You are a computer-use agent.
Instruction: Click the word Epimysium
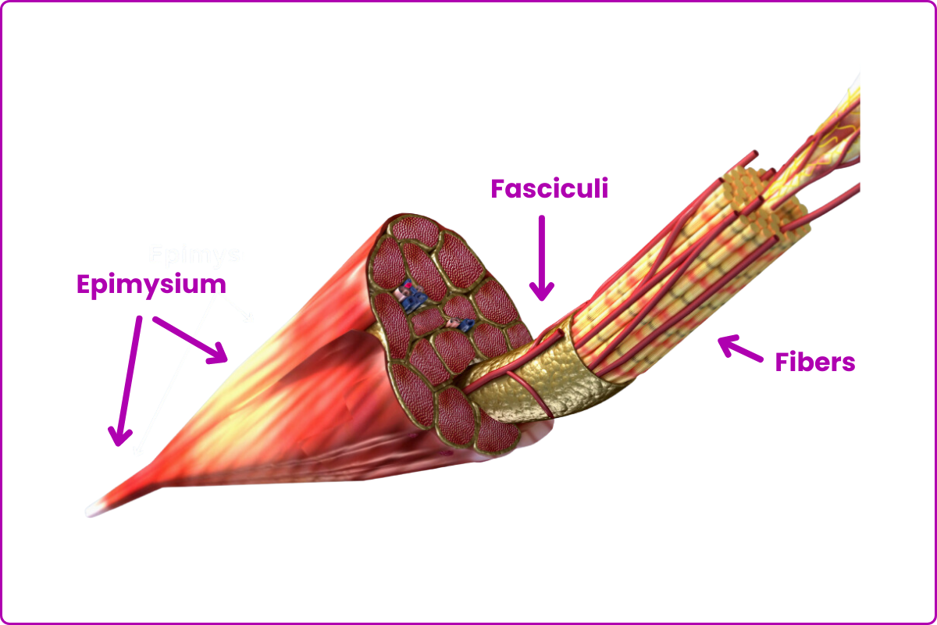point(151,284)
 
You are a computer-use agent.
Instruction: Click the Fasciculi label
point(549,189)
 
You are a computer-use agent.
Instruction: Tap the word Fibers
point(814,362)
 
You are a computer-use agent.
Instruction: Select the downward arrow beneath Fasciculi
point(542,258)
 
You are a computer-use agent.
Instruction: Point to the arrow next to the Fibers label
point(739,348)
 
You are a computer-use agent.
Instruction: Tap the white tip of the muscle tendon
point(91,511)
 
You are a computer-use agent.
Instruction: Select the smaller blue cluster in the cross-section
point(458,323)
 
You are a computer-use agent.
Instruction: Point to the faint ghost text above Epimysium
point(195,255)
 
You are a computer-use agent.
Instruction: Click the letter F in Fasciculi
point(497,189)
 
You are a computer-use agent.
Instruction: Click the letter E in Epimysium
point(84,284)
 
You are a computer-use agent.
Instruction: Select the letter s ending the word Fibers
point(848,364)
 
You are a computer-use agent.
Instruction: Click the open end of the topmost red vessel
point(755,153)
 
